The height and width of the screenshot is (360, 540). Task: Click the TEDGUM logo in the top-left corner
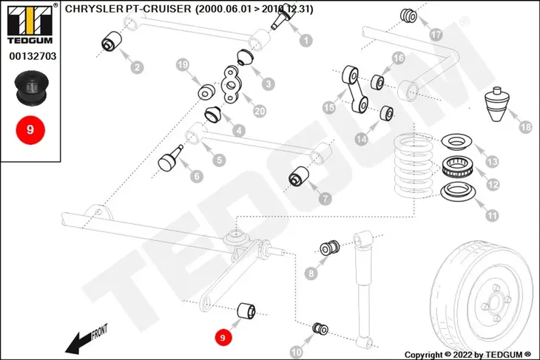pos(30,24)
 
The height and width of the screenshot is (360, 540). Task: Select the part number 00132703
pos(33,56)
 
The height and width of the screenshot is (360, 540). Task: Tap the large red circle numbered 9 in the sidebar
pos(30,130)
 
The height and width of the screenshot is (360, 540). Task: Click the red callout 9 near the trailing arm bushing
pos(223,337)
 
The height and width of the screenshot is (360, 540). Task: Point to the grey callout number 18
pos(525,127)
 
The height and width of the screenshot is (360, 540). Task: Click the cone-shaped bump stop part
pos(496,104)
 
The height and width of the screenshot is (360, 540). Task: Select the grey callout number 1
pos(306,40)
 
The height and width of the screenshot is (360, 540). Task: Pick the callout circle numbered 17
pos(436,35)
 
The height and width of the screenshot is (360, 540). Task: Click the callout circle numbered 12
pos(493,185)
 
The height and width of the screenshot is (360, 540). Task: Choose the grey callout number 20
pos(260,111)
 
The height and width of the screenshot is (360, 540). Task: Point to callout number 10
pos(296,352)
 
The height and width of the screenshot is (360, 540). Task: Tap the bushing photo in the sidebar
pos(31,88)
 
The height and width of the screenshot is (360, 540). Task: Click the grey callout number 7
pos(325,199)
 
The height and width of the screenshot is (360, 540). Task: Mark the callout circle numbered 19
pos(183,65)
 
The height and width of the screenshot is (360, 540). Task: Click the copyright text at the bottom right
pos(468,354)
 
